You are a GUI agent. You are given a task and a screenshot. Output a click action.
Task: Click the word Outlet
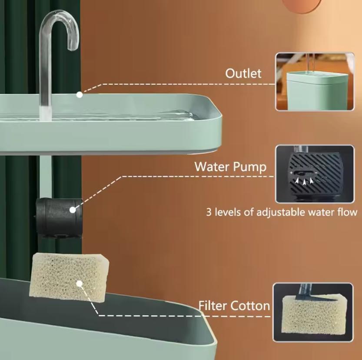243,73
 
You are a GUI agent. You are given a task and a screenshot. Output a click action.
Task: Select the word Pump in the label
251,167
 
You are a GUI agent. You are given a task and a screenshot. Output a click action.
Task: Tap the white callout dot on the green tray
79,94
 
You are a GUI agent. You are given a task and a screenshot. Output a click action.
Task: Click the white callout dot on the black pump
73,210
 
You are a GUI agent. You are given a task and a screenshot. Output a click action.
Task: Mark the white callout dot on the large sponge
79,283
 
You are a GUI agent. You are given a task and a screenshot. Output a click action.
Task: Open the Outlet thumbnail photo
314,82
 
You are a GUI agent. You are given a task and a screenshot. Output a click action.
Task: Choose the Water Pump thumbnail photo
314,174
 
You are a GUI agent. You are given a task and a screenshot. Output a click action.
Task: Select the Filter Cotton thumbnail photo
312,312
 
